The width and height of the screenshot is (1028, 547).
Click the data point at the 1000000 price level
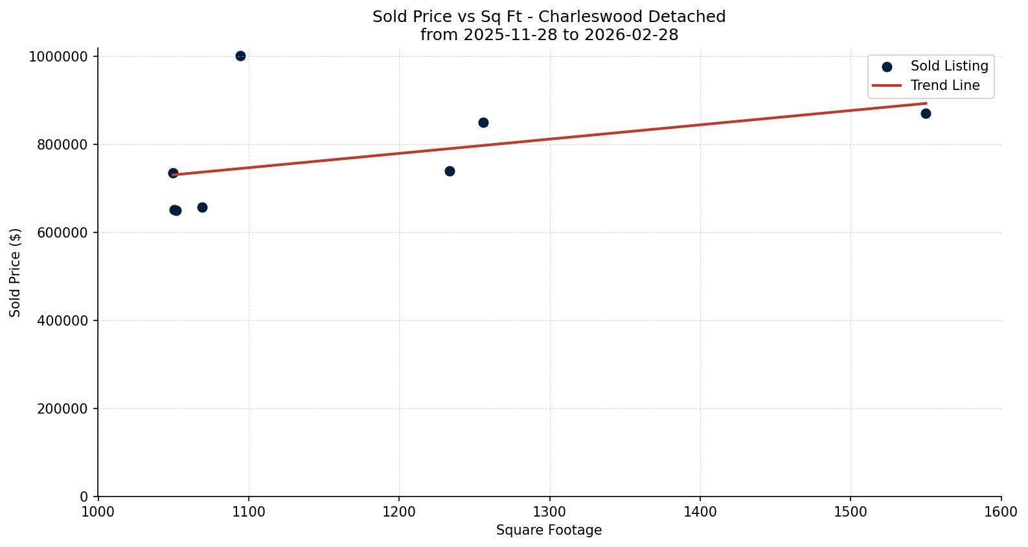[240, 56]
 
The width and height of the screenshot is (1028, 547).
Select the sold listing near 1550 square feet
[926, 114]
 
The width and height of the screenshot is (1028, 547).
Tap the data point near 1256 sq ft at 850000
[483, 123]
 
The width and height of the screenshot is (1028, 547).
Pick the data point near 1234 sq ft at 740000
[450, 172]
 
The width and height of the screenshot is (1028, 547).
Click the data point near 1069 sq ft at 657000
[202, 208]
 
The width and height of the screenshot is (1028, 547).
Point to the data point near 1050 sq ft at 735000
[173, 173]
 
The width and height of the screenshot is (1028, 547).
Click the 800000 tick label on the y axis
[58, 145]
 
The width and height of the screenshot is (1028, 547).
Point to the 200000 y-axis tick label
[58, 409]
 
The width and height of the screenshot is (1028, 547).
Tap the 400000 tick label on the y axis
[58, 321]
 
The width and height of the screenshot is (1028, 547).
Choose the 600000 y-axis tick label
[58, 233]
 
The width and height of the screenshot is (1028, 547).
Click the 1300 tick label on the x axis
[549, 512]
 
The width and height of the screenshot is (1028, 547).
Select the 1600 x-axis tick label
[1001, 512]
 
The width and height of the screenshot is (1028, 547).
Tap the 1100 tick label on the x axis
[248, 512]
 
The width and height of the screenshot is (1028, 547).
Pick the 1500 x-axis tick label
[851, 512]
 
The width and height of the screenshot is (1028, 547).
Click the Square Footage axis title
[549, 531]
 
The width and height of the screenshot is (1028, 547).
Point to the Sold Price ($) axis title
[15, 273]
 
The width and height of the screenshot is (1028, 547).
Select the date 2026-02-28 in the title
[631, 35]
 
